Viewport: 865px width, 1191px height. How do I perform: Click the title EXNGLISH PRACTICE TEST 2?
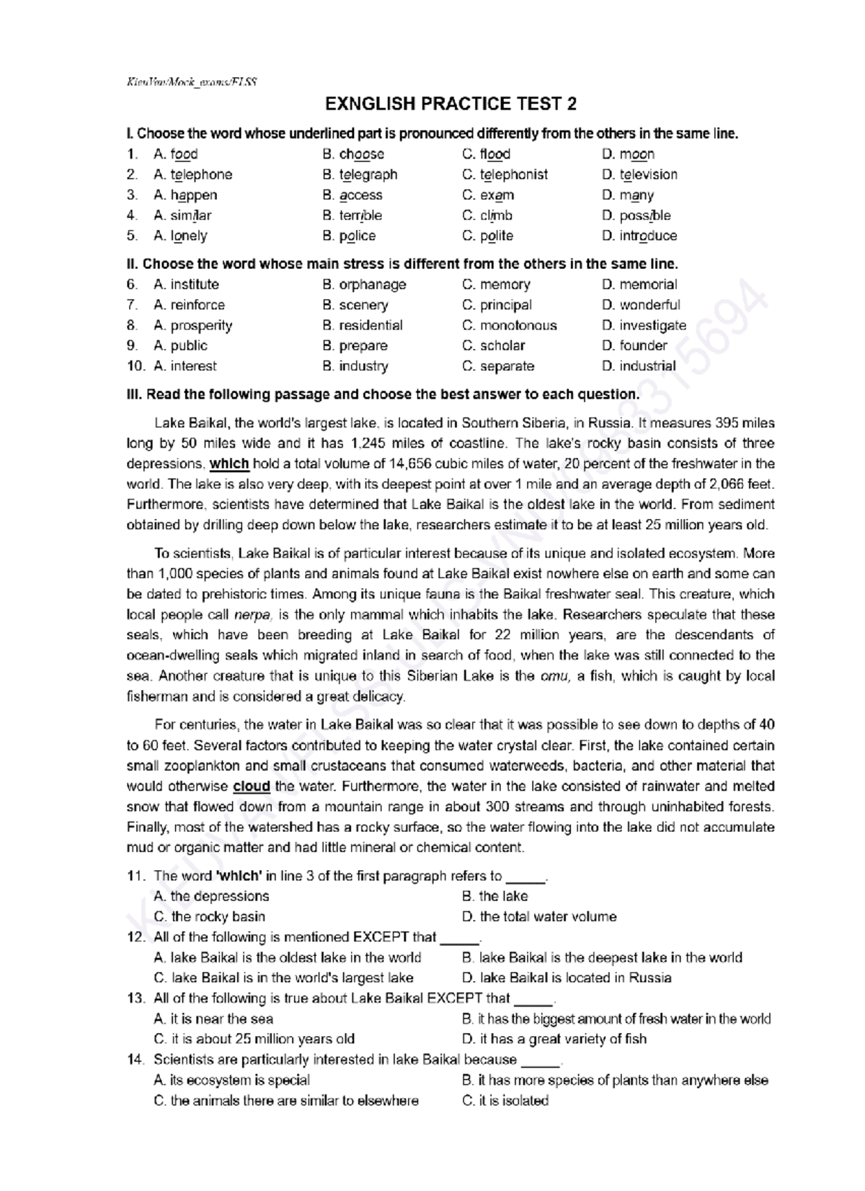click(x=451, y=105)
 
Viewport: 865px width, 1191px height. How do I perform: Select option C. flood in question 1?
click(x=486, y=154)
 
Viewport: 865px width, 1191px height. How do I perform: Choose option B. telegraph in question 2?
click(x=360, y=174)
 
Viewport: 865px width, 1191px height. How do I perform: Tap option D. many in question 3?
click(x=627, y=195)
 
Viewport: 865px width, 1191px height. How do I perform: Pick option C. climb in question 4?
click(x=487, y=216)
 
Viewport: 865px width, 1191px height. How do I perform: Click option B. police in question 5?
click(x=349, y=236)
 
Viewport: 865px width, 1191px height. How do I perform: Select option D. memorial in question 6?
click(x=639, y=285)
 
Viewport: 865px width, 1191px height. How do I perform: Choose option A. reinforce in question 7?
click(x=189, y=305)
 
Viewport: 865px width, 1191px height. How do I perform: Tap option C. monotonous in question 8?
click(x=509, y=325)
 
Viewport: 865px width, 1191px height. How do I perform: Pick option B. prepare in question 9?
click(x=355, y=346)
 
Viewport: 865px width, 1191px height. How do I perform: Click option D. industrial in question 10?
click(x=638, y=366)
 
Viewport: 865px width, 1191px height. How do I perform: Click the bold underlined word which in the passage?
click(x=229, y=464)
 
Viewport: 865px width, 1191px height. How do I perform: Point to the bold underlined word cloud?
click(x=252, y=787)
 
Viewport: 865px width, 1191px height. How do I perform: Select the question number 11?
click(x=136, y=876)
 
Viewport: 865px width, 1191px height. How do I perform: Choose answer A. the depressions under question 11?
click(x=211, y=896)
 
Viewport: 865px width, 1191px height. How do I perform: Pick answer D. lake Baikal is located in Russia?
click(x=566, y=978)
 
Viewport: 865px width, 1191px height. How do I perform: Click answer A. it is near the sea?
click(x=213, y=1019)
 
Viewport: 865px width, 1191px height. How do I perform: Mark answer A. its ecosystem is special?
click(x=231, y=1081)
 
